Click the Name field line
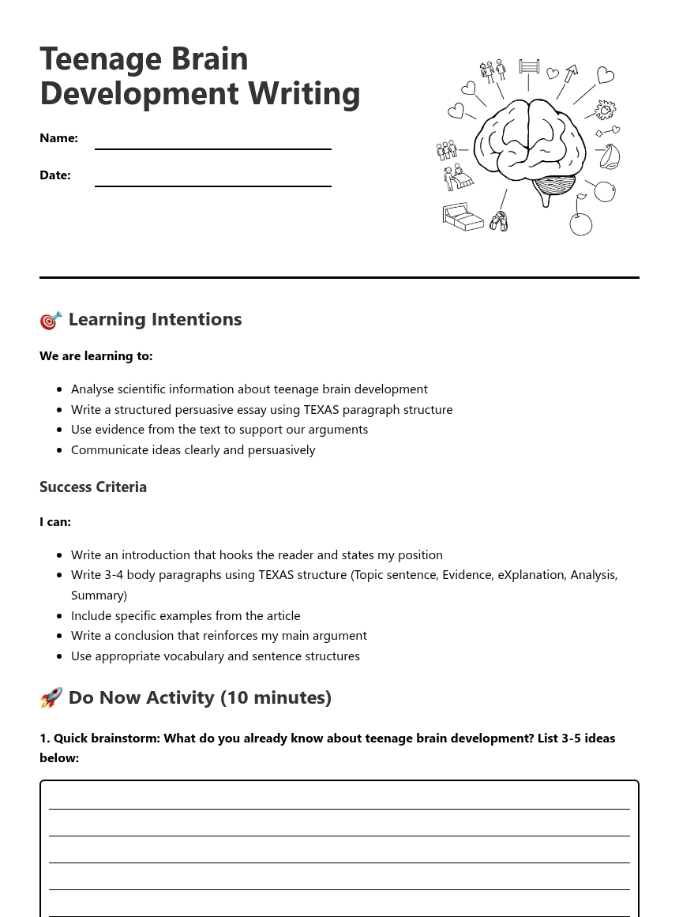(x=212, y=148)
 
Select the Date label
(x=55, y=175)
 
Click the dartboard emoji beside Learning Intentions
(x=51, y=320)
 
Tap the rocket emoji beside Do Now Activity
(x=51, y=698)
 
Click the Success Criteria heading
(x=93, y=487)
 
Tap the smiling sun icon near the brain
(x=606, y=109)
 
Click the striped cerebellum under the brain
(x=554, y=187)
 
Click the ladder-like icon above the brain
(x=529, y=66)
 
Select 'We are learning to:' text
(x=96, y=356)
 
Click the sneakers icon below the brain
(x=498, y=221)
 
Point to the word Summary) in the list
(x=99, y=596)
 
